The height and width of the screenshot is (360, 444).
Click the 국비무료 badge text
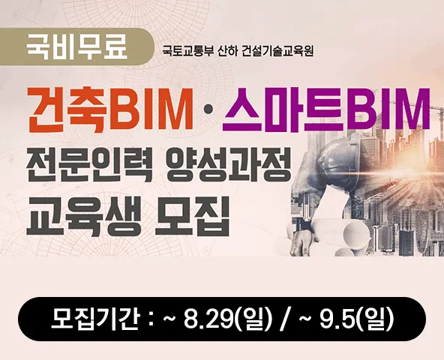[76, 47]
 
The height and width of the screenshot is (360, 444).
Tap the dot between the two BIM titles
[207, 112]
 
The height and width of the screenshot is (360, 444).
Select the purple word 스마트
[284, 109]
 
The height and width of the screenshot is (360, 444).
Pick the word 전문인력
[85, 166]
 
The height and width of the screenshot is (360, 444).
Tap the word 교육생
[84, 217]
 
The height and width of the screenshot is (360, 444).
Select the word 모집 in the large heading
[193, 217]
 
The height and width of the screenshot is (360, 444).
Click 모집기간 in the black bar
[95, 319]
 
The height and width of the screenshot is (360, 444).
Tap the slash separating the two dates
[284, 319]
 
